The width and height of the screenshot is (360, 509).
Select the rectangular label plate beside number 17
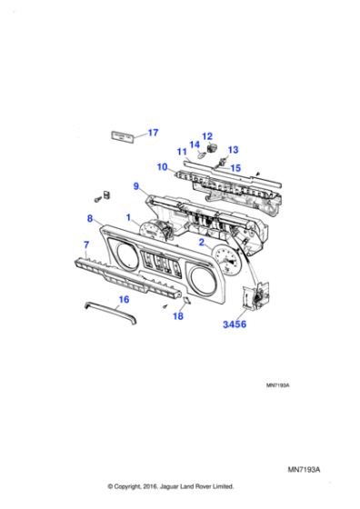[x=122, y=135]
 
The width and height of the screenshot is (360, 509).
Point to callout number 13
[x=233, y=149]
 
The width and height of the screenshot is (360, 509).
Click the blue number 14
[x=194, y=145]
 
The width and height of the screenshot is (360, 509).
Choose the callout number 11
[x=182, y=152]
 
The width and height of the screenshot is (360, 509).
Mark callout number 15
[x=235, y=167]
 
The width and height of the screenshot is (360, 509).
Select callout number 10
[x=161, y=167]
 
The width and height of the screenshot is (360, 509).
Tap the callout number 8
[x=90, y=218]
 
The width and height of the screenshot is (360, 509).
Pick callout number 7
[x=86, y=245]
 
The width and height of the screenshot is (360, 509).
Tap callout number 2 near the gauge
[x=202, y=243]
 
